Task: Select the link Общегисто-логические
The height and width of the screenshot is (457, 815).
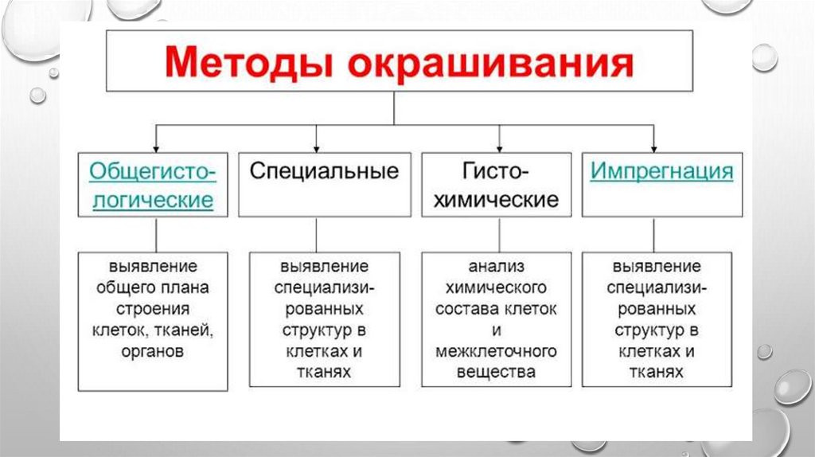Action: click(151, 185)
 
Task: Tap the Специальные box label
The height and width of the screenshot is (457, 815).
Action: click(325, 171)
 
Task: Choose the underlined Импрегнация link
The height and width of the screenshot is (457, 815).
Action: click(661, 171)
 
